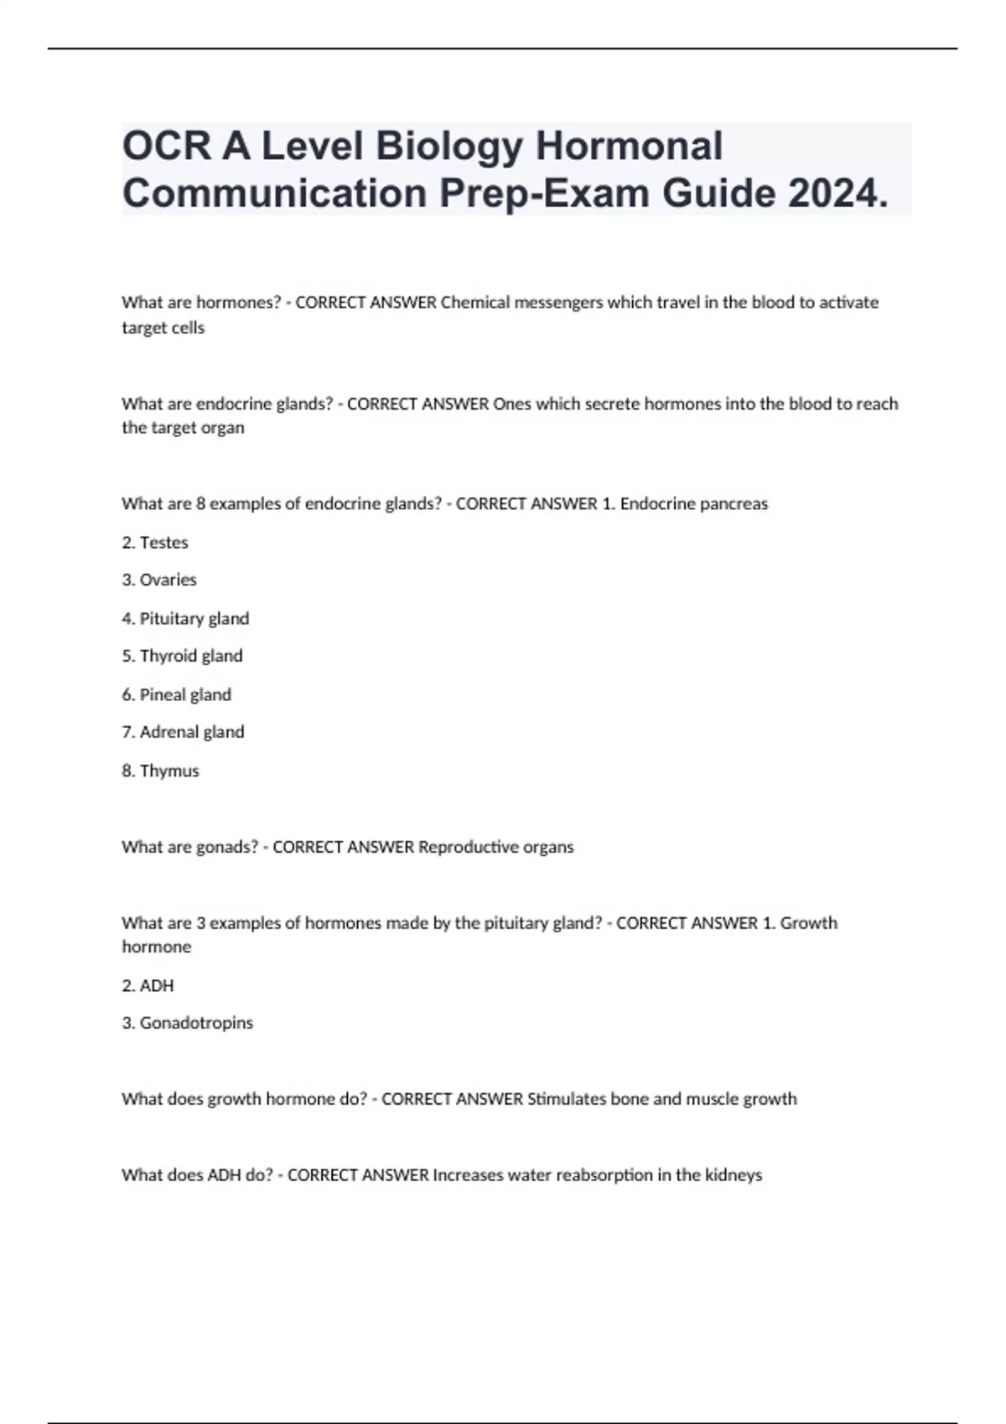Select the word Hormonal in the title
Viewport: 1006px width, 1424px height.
click(x=629, y=146)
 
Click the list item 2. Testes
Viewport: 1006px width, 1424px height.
click(x=155, y=543)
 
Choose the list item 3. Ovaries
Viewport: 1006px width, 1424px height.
click(x=159, y=580)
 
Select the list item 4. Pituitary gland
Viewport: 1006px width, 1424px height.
click(x=185, y=618)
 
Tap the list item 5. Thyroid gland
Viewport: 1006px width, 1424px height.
click(x=182, y=656)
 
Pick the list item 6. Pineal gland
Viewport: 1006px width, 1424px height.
click(x=176, y=694)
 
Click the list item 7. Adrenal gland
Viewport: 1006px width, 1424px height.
click(x=183, y=732)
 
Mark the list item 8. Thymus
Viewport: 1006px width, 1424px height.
click(x=160, y=771)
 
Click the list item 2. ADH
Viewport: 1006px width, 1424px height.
click(x=148, y=986)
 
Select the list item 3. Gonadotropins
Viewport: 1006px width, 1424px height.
click(x=187, y=1023)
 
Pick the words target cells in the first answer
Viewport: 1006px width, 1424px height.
click(x=163, y=328)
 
